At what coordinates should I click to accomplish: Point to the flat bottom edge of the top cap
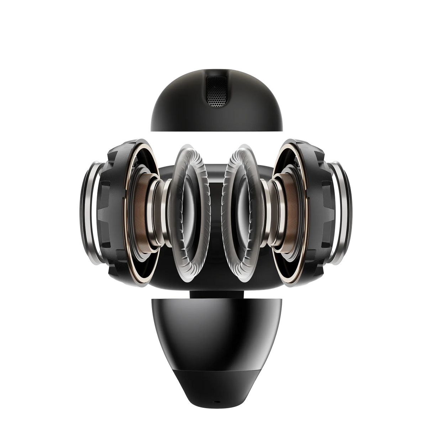click(x=216, y=131)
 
